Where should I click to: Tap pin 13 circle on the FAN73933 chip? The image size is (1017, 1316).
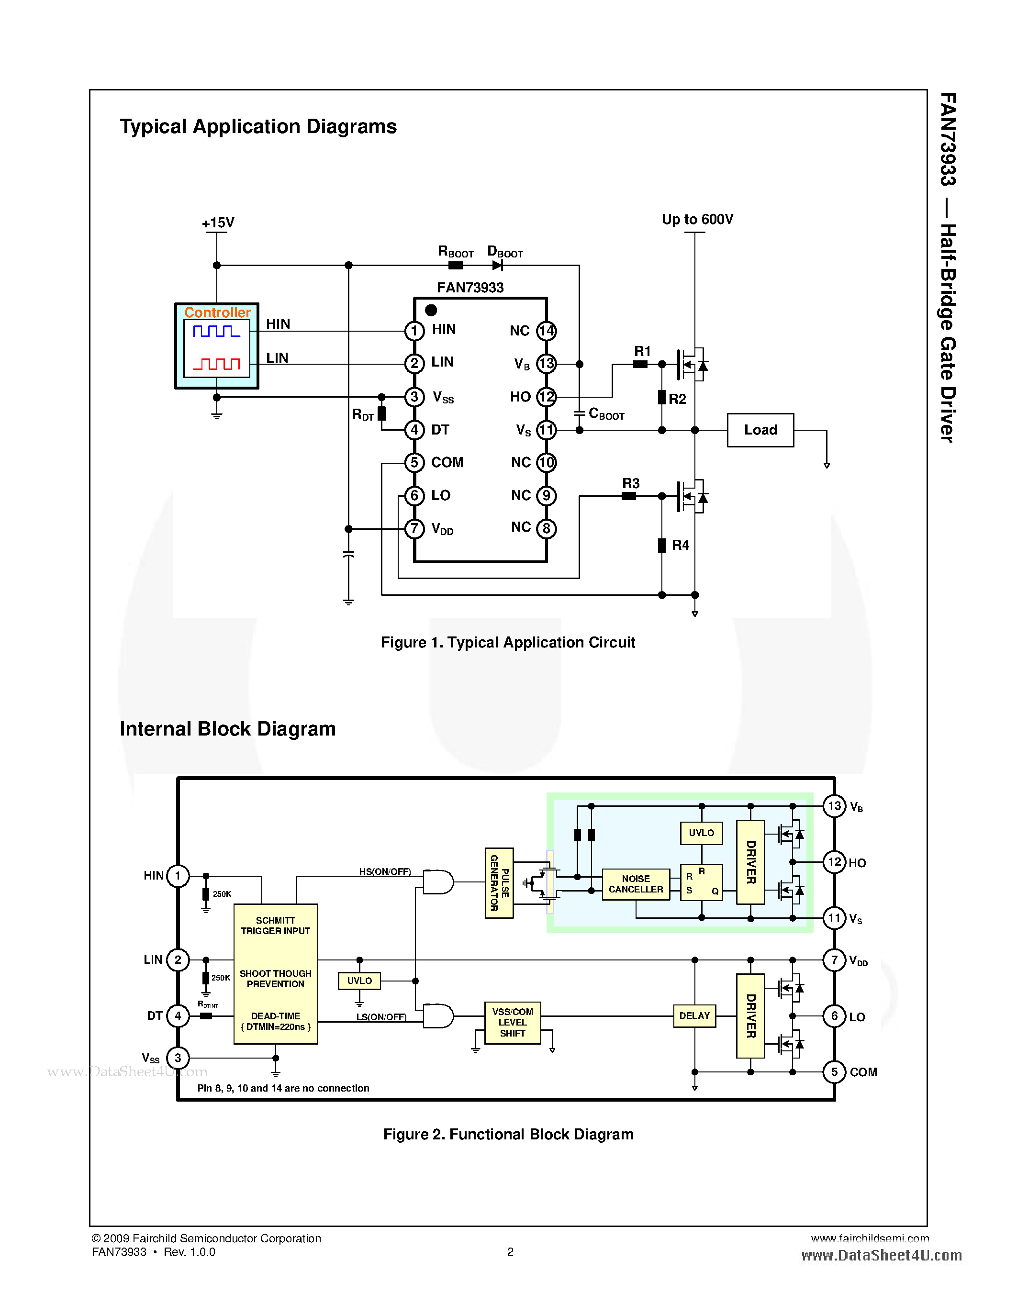coord(546,363)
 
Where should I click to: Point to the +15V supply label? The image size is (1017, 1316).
coord(217,223)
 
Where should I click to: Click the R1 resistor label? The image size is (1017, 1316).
coord(642,351)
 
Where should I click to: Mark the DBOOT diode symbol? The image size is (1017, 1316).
coord(497,265)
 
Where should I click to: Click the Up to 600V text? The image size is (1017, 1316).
coord(697,219)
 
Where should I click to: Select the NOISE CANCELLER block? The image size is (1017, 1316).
coord(636,884)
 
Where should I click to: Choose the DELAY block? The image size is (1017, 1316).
coord(694,1015)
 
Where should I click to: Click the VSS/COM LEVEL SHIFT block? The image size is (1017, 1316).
coord(512,1022)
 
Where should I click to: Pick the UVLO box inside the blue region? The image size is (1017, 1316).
coord(701,833)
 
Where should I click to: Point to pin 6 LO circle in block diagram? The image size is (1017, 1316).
coord(834,1016)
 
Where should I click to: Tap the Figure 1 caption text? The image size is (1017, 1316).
coord(507,642)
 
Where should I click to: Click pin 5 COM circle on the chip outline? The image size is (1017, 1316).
coord(414,462)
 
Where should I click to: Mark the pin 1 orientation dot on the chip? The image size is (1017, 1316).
coord(431,310)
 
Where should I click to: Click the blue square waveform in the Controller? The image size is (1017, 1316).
coord(216,332)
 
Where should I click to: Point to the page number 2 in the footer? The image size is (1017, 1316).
coord(510,1251)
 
